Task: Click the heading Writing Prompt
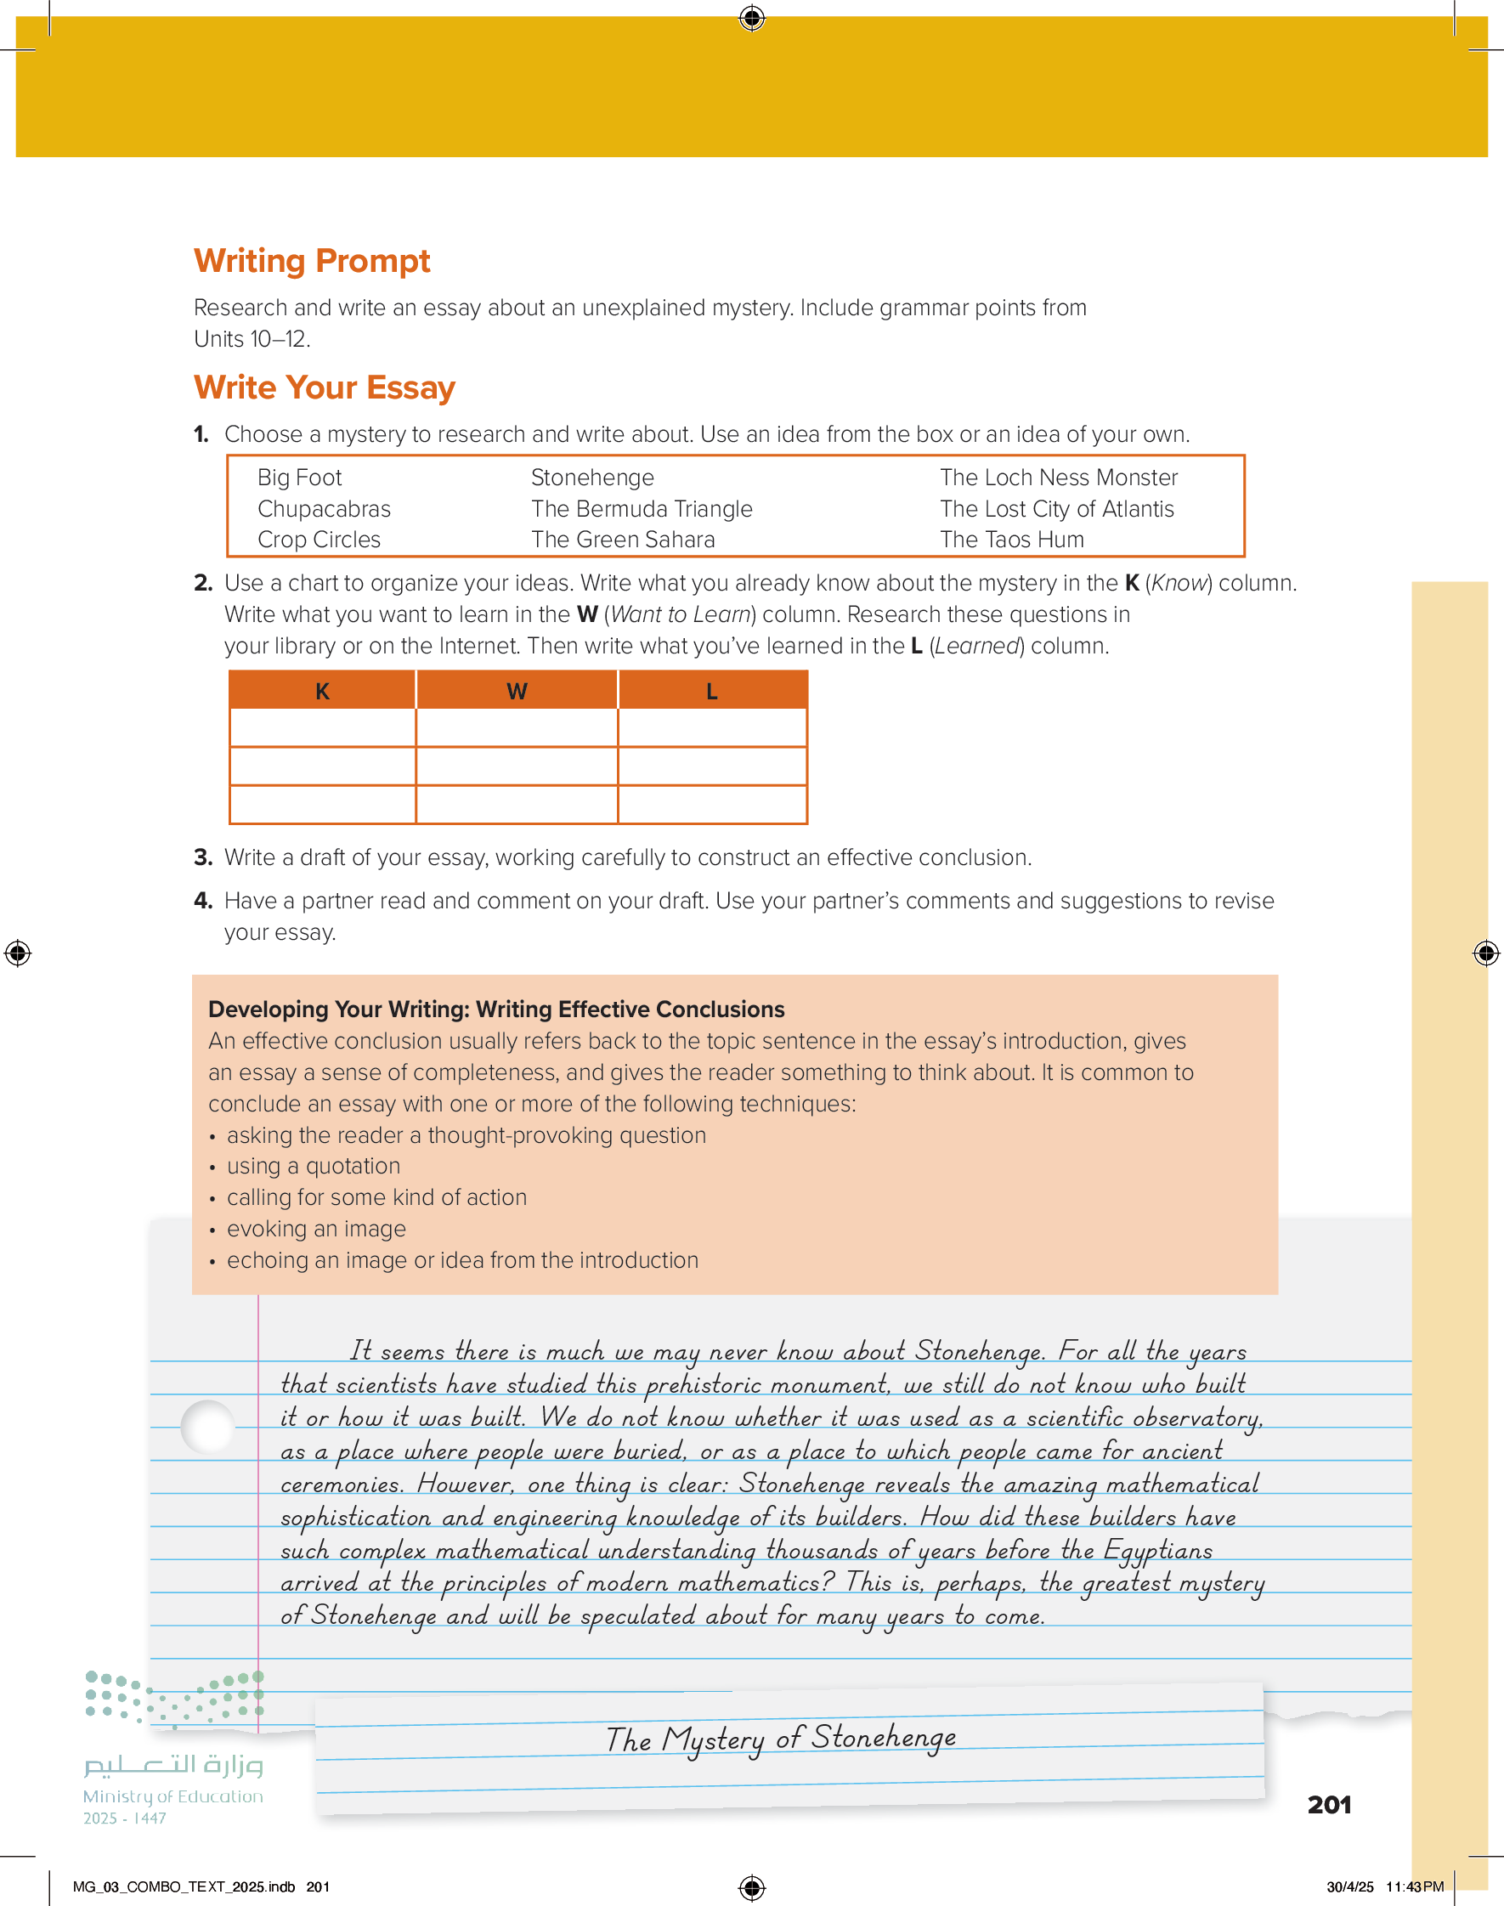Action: pyautogui.click(x=312, y=261)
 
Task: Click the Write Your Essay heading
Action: pyautogui.click(x=324, y=387)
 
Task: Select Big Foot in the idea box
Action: pyautogui.click(x=299, y=478)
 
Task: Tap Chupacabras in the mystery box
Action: pyautogui.click(x=324, y=509)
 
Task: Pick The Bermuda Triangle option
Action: pyautogui.click(x=641, y=509)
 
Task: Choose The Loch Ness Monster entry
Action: pyautogui.click(x=1058, y=478)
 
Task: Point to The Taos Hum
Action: pyautogui.click(x=1012, y=540)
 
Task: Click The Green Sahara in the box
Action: pyautogui.click(x=623, y=540)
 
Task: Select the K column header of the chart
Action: pyautogui.click(x=322, y=691)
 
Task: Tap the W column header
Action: pyautogui.click(x=517, y=691)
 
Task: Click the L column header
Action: pyautogui.click(x=711, y=691)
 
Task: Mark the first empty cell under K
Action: pyautogui.click(x=322, y=728)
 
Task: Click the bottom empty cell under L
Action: pyautogui.click(x=711, y=805)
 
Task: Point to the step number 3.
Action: pyautogui.click(x=202, y=857)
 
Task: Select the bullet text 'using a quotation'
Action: pyautogui.click(x=314, y=1167)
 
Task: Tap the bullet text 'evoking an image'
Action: pyautogui.click(x=316, y=1229)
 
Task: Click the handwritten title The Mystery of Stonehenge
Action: pyautogui.click(x=780, y=1739)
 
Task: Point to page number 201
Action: pyautogui.click(x=1329, y=1805)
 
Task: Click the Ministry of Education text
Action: pyautogui.click(x=172, y=1796)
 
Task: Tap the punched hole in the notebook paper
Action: pyautogui.click(x=208, y=1426)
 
